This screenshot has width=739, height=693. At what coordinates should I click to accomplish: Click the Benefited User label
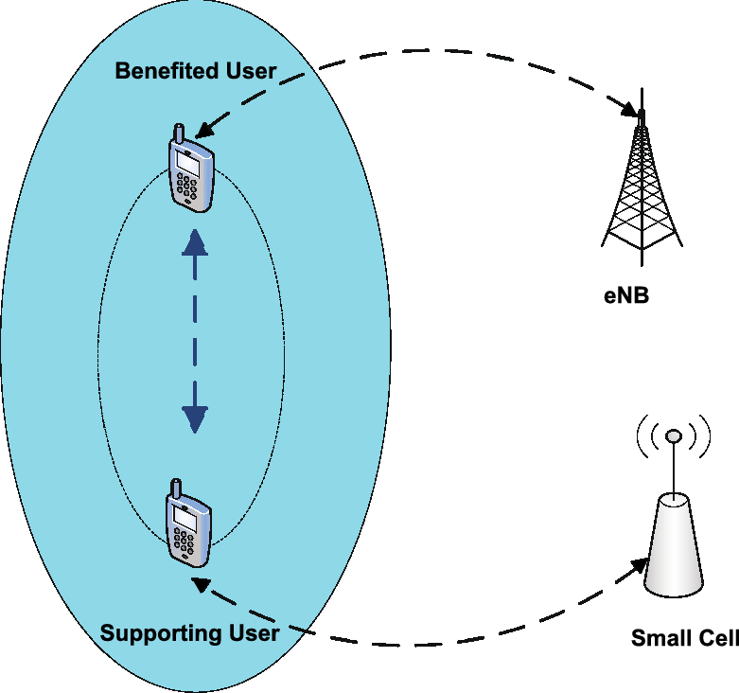click(x=195, y=71)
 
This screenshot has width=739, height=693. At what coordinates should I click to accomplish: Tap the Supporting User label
click(x=189, y=633)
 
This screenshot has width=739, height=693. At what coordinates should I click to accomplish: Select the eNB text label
click(x=625, y=294)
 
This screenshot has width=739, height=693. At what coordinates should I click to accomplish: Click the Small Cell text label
click(x=684, y=638)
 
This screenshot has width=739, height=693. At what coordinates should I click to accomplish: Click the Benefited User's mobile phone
click(x=190, y=170)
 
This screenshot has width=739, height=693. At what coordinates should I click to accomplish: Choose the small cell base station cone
click(x=674, y=549)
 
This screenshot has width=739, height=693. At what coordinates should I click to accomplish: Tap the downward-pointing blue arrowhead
click(x=195, y=417)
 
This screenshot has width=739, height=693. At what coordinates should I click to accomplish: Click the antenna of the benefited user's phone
click(x=176, y=133)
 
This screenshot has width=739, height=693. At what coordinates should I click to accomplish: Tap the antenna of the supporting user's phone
click(x=175, y=489)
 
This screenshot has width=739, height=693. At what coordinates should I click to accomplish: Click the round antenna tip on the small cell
click(x=673, y=436)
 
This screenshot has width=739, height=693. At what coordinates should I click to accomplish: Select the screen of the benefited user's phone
click(x=187, y=163)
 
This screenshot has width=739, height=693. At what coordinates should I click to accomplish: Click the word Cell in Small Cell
click(x=716, y=638)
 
